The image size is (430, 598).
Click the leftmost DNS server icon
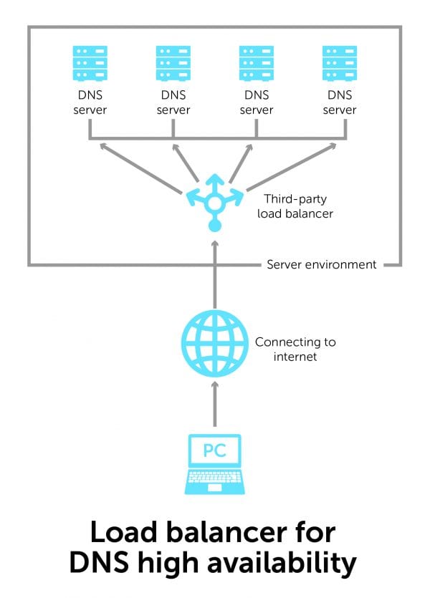coord(90,63)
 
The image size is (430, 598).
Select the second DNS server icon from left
coord(173,63)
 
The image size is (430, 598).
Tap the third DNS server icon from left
coord(257,63)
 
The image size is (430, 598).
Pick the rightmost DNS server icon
coord(340,63)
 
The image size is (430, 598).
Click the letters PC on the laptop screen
coord(214,452)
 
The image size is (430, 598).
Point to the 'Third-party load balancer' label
coord(297,206)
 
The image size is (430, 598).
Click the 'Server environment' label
coord(321,264)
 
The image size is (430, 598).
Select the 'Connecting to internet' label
coord(295,349)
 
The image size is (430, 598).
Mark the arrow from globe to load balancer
coord(214,279)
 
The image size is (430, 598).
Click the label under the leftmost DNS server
coord(90,103)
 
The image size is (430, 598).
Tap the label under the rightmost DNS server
coord(340,103)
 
